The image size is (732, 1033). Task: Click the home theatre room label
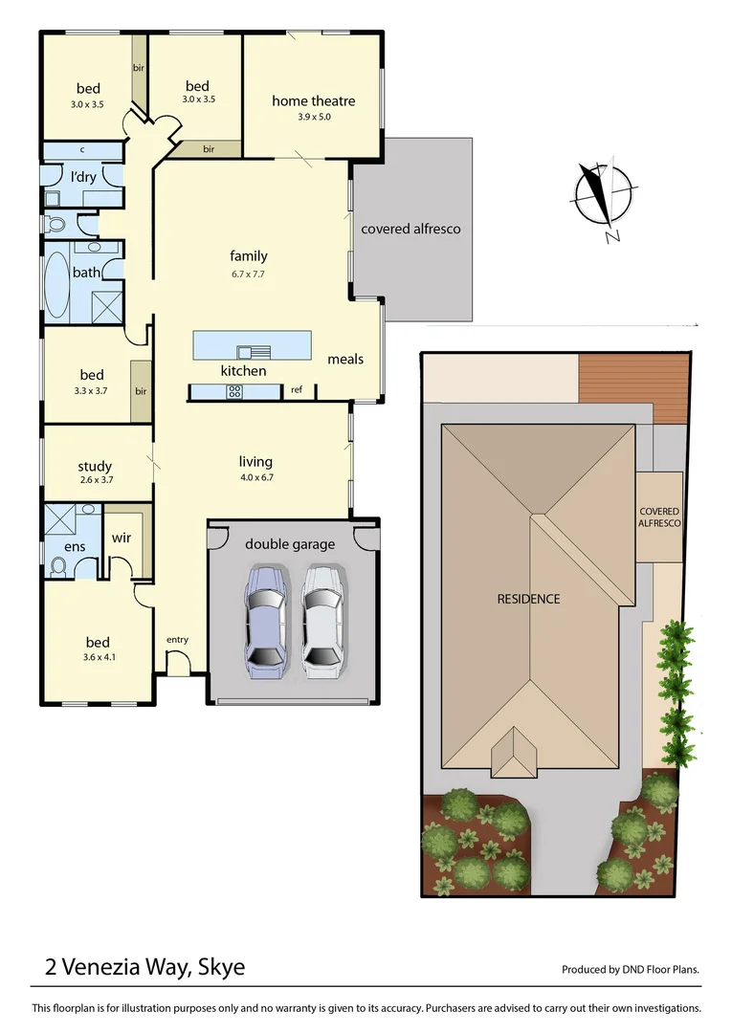(313, 100)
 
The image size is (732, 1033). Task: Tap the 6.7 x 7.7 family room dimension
(248, 274)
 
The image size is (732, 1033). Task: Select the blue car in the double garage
(265, 620)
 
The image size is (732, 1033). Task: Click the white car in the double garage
(322, 620)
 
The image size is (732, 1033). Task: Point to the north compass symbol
(601, 196)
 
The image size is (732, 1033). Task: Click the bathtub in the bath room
(57, 284)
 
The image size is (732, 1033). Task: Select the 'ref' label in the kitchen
(297, 389)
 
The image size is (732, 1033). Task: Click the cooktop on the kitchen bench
(233, 391)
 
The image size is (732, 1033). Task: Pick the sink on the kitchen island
(251, 351)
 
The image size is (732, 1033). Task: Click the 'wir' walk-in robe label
(121, 538)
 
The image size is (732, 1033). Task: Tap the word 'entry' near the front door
(177, 640)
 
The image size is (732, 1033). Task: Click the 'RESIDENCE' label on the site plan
(528, 599)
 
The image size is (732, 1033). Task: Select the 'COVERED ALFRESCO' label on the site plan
(659, 517)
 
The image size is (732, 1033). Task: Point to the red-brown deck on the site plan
(633, 388)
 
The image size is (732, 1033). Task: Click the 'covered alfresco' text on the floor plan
(410, 229)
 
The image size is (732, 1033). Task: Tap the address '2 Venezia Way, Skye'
(144, 967)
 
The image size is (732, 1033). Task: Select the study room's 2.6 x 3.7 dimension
(95, 480)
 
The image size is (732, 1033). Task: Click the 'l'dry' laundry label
(83, 176)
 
